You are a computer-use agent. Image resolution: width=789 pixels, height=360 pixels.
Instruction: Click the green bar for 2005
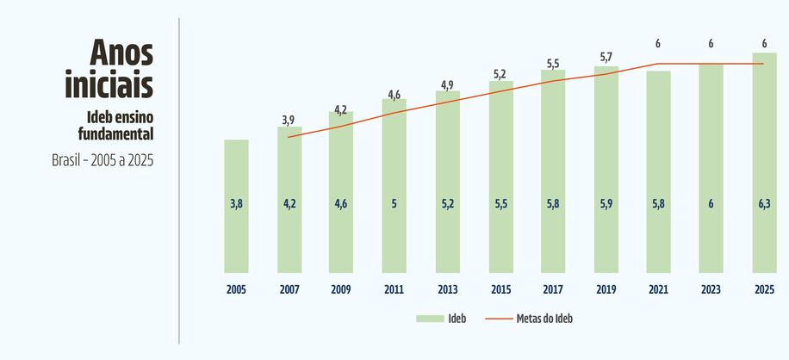tap(237, 206)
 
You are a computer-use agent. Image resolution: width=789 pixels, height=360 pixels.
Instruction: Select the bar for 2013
tap(448, 182)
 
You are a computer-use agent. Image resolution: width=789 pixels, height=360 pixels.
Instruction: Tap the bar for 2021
tap(659, 172)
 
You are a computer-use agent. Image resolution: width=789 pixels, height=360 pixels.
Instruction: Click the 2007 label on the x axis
tap(289, 290)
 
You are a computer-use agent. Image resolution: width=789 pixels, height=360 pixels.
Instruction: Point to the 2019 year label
tap(606, 290)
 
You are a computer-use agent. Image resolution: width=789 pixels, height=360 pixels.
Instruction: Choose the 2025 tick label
tap(764, 290)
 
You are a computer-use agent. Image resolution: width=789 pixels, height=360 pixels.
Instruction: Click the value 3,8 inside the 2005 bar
tap(237, 205)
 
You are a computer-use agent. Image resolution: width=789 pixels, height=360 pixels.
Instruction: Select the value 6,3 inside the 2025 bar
tap(764, 205)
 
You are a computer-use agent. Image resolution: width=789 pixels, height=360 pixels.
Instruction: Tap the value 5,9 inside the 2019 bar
tap(606, 205)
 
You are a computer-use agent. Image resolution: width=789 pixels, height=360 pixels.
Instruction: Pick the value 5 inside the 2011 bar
tap(394, 205)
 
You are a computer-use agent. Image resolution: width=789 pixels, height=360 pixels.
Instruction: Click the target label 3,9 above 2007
tap(289, 120)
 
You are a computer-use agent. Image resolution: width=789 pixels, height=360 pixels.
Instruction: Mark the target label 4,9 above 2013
tap(447, 84)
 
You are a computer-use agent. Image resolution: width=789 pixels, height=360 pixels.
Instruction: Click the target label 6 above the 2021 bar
tap(658, 44)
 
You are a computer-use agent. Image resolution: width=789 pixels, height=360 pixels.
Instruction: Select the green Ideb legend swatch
tap(430, 319)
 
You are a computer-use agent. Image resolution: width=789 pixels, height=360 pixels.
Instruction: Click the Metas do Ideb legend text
tap(544, 319)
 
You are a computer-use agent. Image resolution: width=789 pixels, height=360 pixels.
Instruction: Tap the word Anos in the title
tap(121, 53)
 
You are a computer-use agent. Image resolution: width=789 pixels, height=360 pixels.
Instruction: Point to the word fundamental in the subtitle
tap(115, 134)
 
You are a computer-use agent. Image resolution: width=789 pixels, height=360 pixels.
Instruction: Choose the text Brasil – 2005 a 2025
tap(103, 160)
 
